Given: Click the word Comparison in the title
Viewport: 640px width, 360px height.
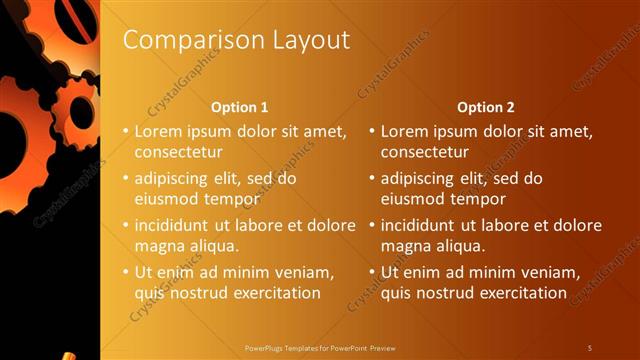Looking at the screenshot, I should (x=182, y=40).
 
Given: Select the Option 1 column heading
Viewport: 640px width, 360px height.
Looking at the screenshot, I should (x=241, y=107).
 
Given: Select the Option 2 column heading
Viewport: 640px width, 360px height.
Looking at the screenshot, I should (x=487, y=107).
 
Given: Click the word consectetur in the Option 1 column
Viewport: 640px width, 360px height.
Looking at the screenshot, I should (x=177, y=153).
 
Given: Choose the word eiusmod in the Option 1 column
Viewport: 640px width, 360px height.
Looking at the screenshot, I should (x=165, y=199).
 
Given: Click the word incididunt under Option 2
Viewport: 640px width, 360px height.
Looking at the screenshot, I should (x=419, y=225).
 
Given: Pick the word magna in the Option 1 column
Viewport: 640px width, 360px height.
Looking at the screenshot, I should (x=156, y=246).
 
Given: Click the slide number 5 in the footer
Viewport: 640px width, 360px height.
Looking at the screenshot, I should (x=590, y=347).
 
